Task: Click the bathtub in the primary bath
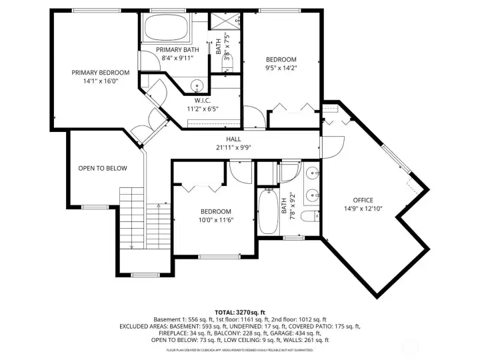pyautogui.click(x=165, y=28)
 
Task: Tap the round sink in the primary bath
pyautogui.click(x=197, y=85)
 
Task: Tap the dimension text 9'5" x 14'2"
pyautogui.click(x=281, y=67)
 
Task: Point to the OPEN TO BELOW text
pyautogui.click(x=102, y=168)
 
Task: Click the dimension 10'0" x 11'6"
pyautogui.click(x=216, y=219)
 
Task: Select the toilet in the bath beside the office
pyautogui.click(x=309, y=216)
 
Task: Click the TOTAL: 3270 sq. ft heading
pyautogui.click(x=239, y=311)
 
